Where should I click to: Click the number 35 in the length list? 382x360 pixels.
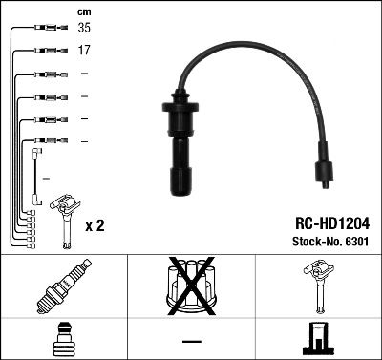85,29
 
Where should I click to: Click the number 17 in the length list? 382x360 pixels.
84,51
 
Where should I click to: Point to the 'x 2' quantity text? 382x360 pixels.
95,225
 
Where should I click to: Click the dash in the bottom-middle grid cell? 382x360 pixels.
191,341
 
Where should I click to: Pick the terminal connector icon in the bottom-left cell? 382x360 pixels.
63,341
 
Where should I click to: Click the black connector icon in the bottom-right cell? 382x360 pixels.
318,341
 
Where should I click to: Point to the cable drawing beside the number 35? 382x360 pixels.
43,30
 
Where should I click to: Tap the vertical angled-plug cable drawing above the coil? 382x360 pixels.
36,173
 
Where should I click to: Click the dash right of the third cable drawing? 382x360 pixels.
84,74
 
